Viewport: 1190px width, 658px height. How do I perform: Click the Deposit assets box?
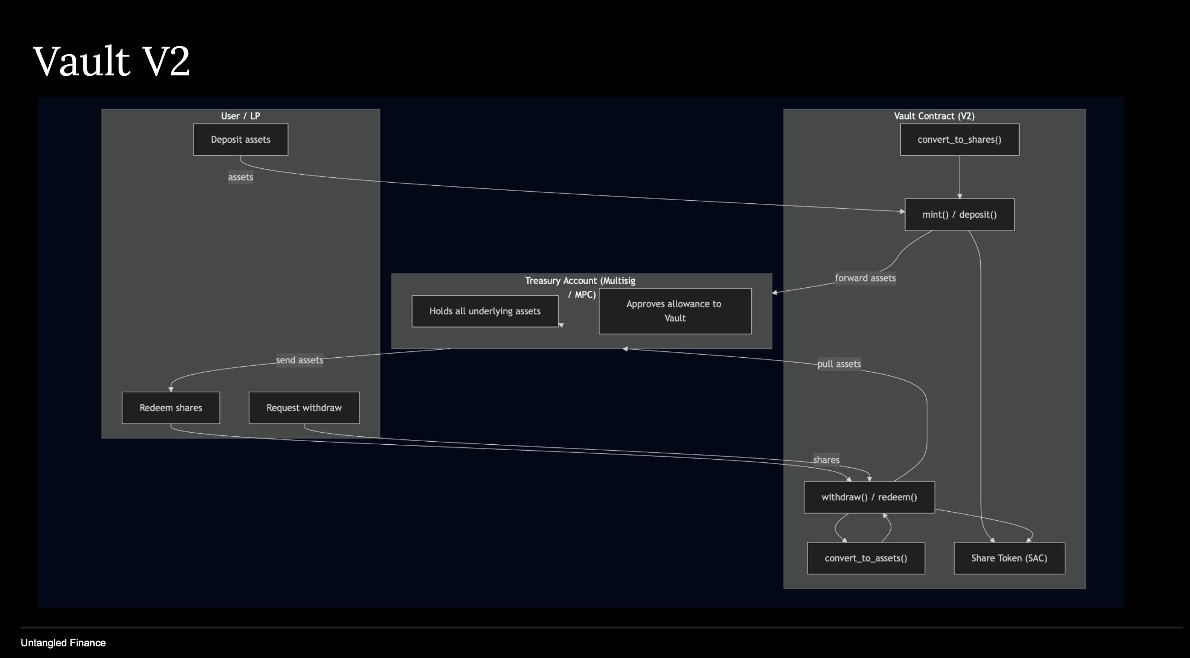[x=240, y=140]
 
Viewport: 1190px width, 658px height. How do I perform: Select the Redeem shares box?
[x=171, y=408]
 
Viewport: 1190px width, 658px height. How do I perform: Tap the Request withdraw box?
[x=304, y=408]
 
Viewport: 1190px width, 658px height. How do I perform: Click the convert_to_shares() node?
[x=959, y=140]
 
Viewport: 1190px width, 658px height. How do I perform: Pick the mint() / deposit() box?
[x=959, y=215]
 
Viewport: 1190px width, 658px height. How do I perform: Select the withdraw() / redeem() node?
[x=869, y=497]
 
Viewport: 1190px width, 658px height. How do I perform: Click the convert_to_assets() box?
[x=866, y=558]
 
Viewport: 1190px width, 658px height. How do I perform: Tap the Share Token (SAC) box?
[x=1009, y=558]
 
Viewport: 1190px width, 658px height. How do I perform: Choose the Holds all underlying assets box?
[x=485, y=311]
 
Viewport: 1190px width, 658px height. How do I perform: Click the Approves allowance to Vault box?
[x=674, y=311]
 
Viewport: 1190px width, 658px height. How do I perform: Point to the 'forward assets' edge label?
[x=865, y=278]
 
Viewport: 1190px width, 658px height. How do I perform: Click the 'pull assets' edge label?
[x=839, y=364]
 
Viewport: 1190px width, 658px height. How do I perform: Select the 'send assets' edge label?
[x=299, y=360]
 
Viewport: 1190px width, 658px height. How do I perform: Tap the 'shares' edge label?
[x=826, y=460]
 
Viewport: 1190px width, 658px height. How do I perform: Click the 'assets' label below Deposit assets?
[x=240, y=177]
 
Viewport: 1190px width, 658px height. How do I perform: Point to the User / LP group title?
[x=240, y=116]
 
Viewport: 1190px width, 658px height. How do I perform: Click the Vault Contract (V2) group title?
[x=934, y=116]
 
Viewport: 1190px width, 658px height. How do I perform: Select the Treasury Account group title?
[x=580, y=281]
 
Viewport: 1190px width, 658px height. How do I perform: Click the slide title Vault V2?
[x=111, y=61]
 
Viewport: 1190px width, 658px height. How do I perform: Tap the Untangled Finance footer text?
[x=63, y=643]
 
